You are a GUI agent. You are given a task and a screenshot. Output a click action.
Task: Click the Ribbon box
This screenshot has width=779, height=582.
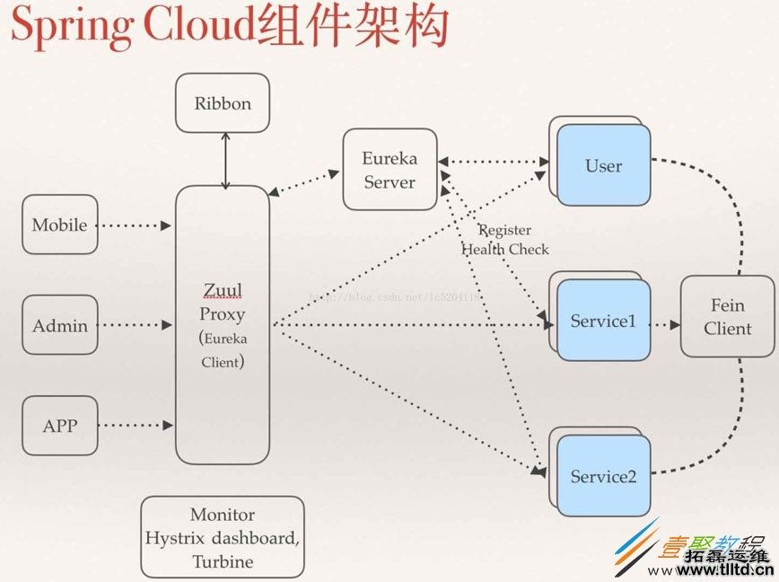(x=223, y=103)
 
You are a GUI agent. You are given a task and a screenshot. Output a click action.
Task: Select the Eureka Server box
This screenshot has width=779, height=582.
(x=389, y=170)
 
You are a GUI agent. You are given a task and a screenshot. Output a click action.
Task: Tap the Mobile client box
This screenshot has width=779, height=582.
(x=59, y=225)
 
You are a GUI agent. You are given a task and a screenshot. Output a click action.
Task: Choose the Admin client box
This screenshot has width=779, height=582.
(x=59, y=325)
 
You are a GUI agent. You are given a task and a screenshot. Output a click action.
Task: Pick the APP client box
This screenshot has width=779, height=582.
(x=59, y=425)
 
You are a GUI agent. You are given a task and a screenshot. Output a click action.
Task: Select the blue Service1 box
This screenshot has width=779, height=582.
(x=603, y=322)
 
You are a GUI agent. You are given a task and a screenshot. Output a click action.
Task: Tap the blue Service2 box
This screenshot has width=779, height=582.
(x=603, y=477)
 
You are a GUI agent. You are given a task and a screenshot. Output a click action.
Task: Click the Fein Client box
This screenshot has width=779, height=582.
(x=727, y=317)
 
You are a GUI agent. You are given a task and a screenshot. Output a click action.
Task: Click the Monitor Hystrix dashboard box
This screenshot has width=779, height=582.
(x=223, y=537)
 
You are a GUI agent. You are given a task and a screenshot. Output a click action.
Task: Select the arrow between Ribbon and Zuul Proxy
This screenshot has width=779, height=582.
(x=225, y=160)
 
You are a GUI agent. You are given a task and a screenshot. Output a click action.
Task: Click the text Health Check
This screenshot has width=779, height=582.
(x=505, y=250)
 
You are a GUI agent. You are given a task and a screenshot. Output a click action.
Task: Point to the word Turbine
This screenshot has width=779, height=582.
(x=223, y=562)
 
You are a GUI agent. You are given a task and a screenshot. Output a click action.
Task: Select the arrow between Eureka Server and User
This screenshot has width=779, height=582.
(x=494, y=163)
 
